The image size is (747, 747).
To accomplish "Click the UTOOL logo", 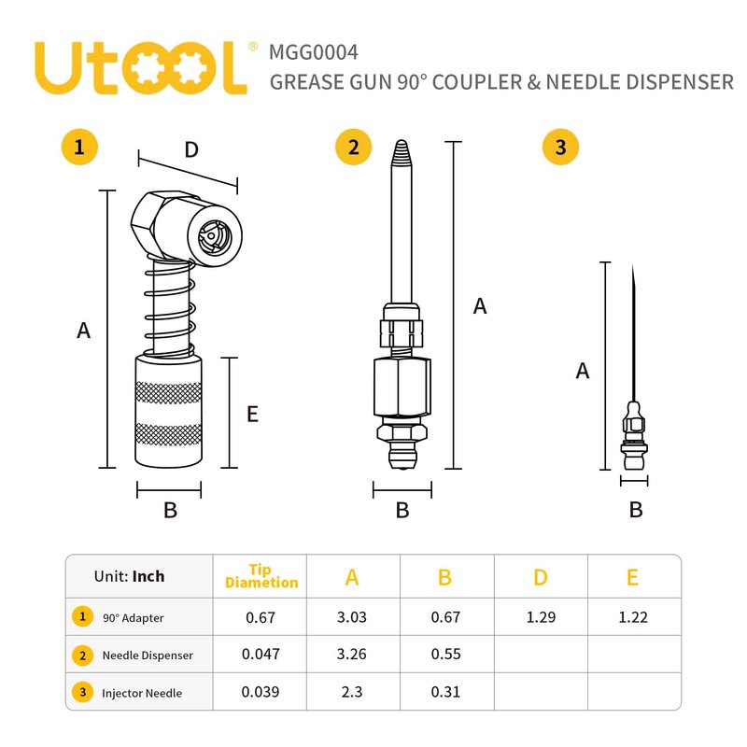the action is (x=141, y=68).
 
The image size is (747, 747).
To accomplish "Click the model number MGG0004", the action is (x=314, y=52).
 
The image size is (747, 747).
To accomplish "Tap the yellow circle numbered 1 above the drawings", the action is (x=79, y=147).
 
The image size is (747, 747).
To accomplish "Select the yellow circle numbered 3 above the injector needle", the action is (x=561, y=147).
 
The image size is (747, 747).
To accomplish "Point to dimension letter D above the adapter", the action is (x=191, y=149).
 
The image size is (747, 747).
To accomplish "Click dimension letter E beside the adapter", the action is (x=252, y=414).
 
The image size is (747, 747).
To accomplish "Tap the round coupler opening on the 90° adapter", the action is (x=215, y=236).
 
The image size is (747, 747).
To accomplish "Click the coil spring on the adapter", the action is (x=170, y=306).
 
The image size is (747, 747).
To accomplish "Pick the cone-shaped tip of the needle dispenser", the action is (x=402, y=153).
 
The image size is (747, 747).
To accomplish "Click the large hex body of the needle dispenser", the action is (x=402, y=387).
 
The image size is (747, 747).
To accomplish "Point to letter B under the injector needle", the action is (x=636, y=510).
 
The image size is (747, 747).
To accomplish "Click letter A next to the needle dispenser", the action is (x=480, y=306).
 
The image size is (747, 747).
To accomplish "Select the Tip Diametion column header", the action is (x=261, y=576).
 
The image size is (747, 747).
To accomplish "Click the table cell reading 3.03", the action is (x=352, y=617).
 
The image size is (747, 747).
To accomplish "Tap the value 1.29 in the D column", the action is (x=541, y=617).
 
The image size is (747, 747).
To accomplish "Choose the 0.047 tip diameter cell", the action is (x=261, y=655).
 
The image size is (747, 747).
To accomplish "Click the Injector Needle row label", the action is (x=142, y=693).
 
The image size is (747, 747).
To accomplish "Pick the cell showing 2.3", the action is (x=352, y=692).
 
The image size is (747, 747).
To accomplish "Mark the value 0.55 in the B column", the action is (x=446, y=655).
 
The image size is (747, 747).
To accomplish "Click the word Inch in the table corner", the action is (x=148, y=576).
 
